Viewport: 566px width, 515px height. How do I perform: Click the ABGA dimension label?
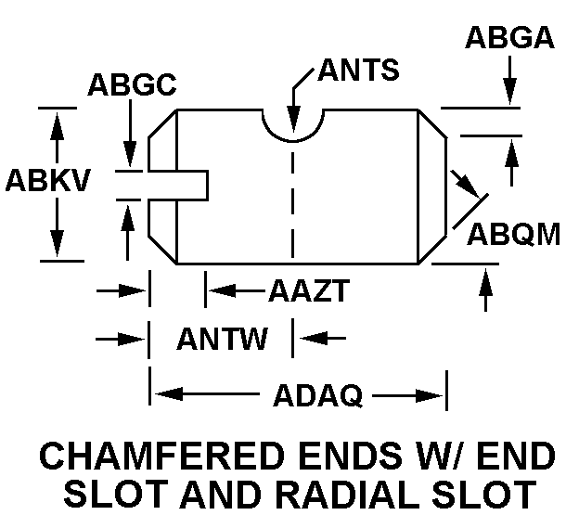pos(508,38)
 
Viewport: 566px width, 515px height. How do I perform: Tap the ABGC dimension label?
pos(133,84)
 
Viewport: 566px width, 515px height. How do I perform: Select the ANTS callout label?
pos(358,70)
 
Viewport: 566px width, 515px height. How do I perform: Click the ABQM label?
pos(513,233)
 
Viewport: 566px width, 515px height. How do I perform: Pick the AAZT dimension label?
pos(308,291)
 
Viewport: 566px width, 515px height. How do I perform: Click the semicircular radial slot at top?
pos(292,124)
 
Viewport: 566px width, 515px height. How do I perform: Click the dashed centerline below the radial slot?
pos(292,200)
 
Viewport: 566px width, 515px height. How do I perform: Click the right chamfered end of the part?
pos(432,186)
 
